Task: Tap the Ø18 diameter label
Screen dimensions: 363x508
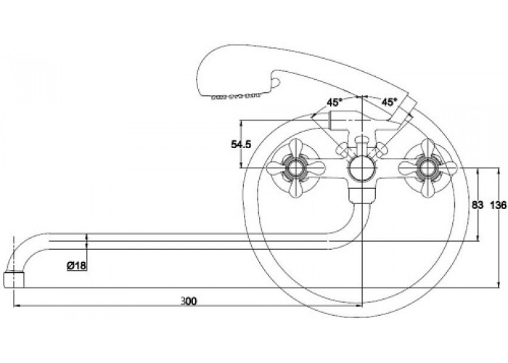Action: click(77, 266)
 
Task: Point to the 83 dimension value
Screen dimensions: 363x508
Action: click(477, 206)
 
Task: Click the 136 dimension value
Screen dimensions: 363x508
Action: click(498, 206)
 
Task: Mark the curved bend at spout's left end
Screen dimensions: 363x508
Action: click(22, 247)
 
